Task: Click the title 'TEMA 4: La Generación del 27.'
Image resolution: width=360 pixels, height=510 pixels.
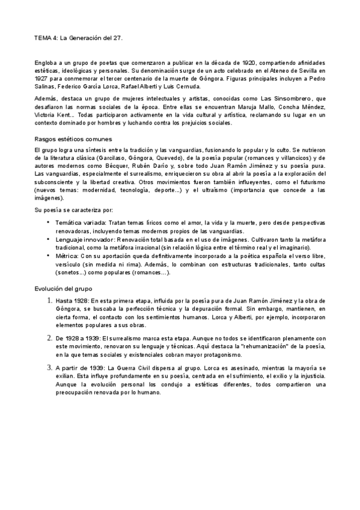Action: tap(79, 37)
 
